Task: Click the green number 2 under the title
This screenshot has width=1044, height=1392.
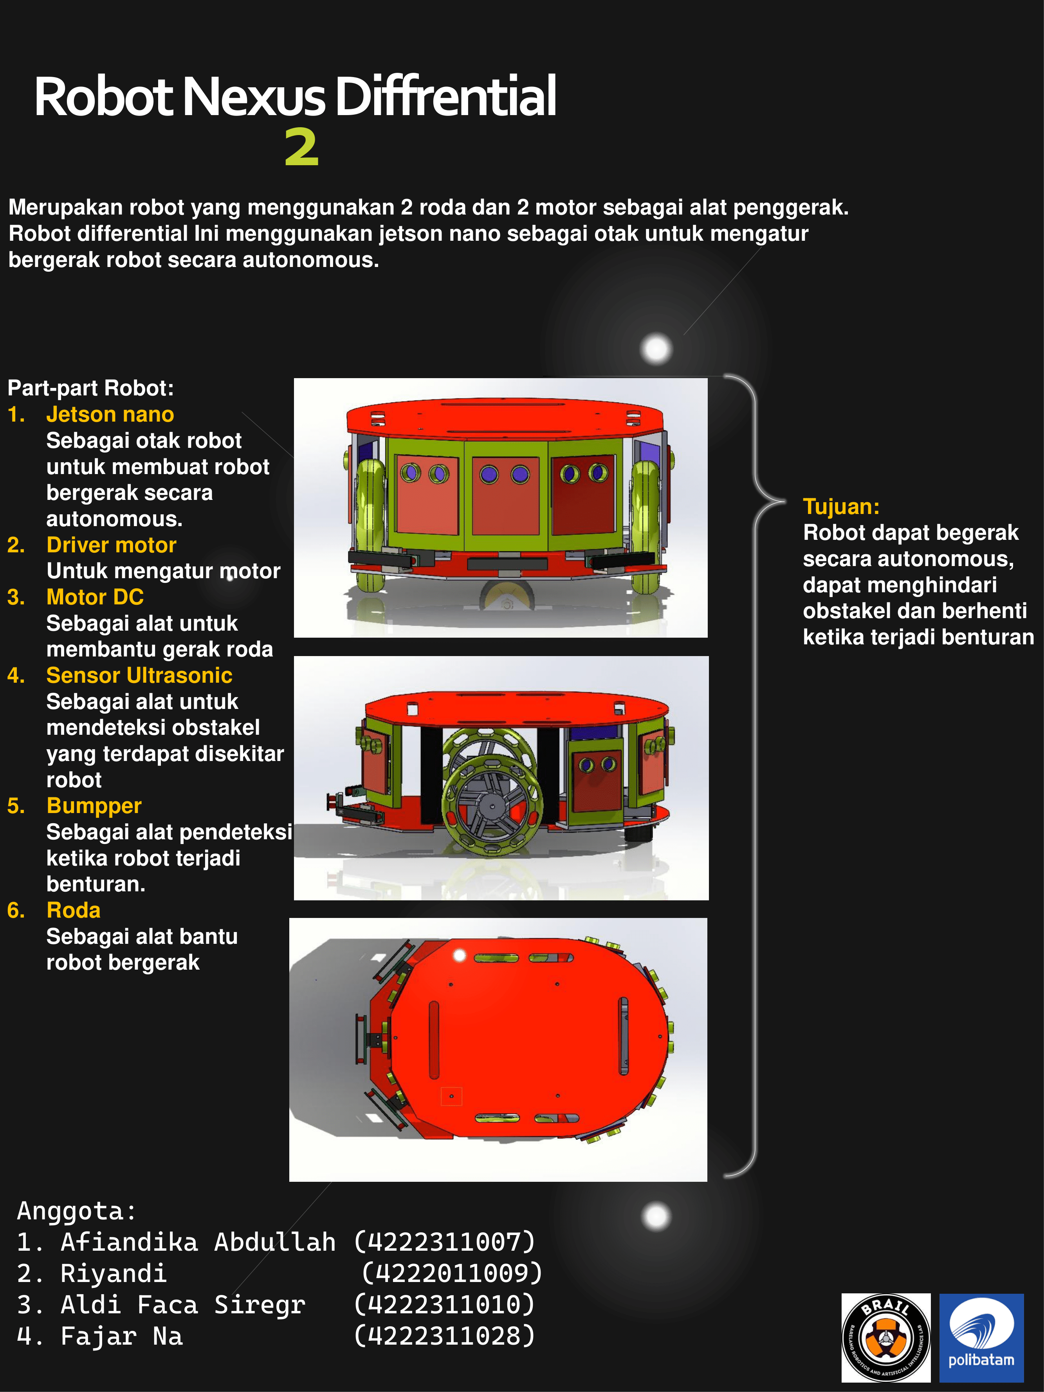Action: click(301, 148)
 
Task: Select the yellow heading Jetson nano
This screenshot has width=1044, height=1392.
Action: click(110, 415)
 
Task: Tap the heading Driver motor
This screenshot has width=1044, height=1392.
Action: click(112, 545)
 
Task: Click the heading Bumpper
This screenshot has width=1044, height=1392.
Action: click(94, 806)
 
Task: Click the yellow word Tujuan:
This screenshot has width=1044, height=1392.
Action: click(841, 507)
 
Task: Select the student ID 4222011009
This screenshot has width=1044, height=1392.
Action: click(451, 1273)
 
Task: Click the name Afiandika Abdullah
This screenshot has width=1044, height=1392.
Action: click(198, 1242)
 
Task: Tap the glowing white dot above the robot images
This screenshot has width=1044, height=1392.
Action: click(656, 348)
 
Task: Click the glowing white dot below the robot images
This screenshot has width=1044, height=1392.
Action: click(656, 1216)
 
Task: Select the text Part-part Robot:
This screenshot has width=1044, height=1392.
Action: click(90, 388)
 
